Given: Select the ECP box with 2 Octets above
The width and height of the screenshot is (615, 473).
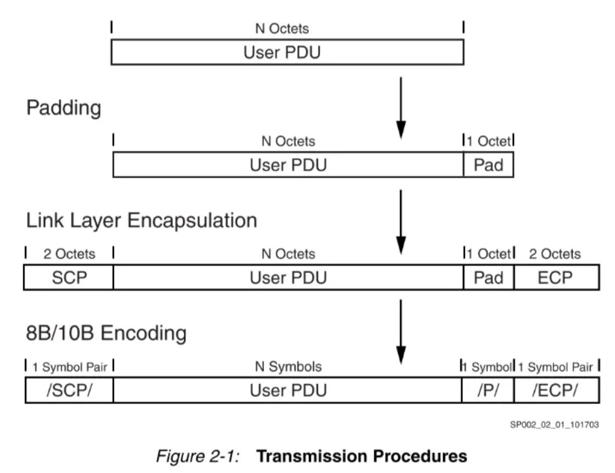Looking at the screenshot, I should [556, 277].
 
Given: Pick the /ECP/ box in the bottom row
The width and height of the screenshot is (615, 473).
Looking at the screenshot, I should [556, 390].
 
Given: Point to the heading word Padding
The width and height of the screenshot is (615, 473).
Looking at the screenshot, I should [64, 108].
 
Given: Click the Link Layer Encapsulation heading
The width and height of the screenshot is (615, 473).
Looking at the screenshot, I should [141, 220].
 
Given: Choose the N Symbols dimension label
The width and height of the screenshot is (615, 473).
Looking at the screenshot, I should [288, 366].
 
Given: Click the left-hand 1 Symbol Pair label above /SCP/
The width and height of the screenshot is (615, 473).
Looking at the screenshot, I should [68, 366].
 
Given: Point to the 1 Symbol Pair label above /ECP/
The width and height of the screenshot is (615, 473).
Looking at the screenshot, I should [556, 366].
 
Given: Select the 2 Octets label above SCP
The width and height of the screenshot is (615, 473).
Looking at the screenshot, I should [68, 253].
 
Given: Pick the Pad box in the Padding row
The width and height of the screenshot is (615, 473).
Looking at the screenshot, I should [488, 165].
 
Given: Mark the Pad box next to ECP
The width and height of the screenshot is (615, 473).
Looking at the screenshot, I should [488, 277].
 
